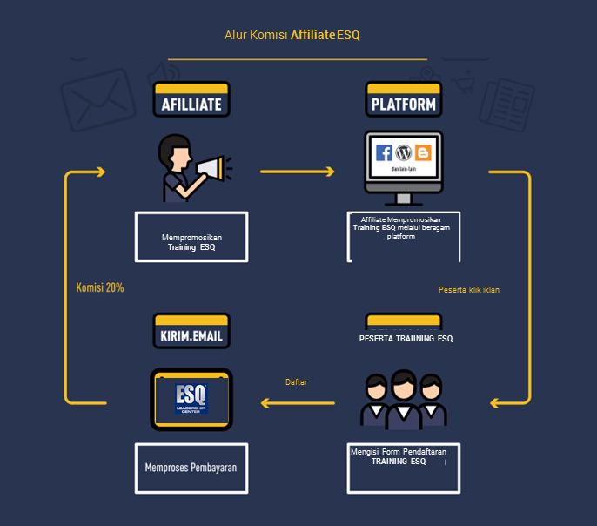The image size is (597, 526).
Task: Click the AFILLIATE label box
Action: coord(191,104)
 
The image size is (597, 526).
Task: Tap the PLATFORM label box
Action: coord(404,104)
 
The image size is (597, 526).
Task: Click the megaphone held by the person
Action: coord(209,168)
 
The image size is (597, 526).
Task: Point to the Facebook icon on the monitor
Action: coord(384,153)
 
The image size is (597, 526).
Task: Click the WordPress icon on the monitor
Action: coord(404,153)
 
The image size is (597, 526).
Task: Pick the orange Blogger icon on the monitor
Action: coord(424,153)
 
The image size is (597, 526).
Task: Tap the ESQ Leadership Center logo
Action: coord(191,397)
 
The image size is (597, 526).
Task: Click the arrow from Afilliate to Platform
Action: coord(298,172)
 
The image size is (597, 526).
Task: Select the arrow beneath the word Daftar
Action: coord(298,402)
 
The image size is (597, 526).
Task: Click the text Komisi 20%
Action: coord(99,287)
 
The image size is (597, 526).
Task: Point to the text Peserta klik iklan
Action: coord(469,289)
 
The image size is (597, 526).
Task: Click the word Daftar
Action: coord(297,382)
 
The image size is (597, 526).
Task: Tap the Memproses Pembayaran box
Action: coord(191,468)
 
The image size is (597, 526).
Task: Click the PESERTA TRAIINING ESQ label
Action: coord(406,338)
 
